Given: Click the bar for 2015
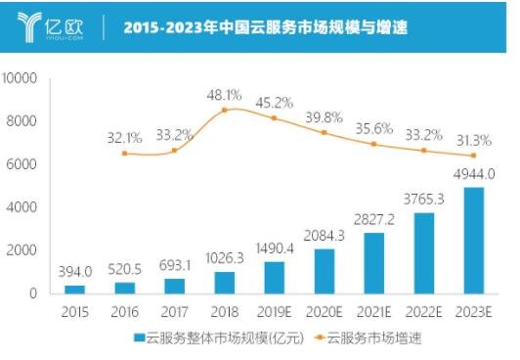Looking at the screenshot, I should point(75,289).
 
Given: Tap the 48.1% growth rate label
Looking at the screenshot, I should point(225,96).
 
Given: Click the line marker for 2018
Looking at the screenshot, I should point(226,110).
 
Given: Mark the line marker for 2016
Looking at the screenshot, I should point(124,154).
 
